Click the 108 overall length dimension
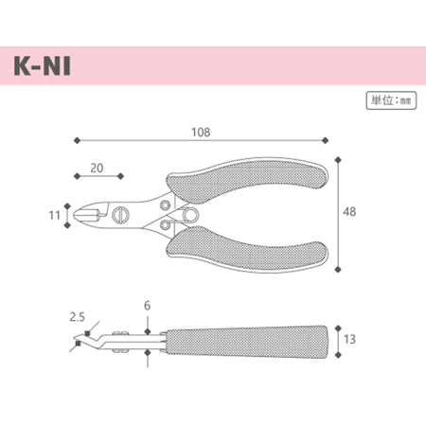coord(199,132)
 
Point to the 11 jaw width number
coord(54,215)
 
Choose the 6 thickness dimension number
coord(147,307)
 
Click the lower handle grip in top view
coord(256,248)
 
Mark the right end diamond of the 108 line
coord(326,142)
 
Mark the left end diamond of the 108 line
coord(75,142)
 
